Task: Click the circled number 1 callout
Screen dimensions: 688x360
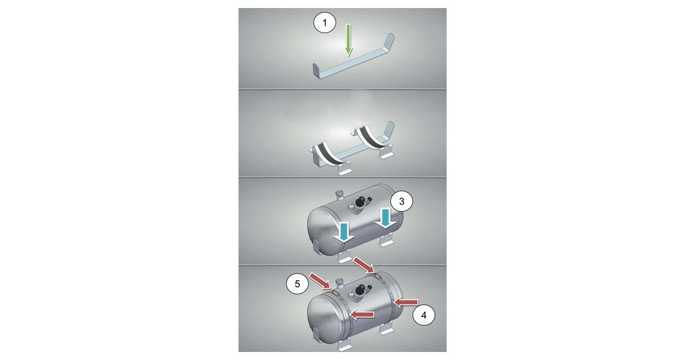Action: click(325, 23)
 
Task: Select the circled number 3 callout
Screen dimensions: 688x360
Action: click(401, 201)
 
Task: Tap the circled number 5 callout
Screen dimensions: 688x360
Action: click(298, 284)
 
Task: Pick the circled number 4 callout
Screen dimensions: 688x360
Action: click(424, 315)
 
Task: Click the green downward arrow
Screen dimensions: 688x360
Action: click(349, 40)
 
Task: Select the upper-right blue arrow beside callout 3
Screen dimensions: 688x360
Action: click(385, 219)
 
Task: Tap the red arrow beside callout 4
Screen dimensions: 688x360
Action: click(405, 303)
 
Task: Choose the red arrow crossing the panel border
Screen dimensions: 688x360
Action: click(364, 265)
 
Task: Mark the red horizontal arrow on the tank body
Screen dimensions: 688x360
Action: click(362, 315)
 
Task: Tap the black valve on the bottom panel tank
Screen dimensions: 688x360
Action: click(359, 291)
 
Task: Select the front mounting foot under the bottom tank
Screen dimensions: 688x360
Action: click(344, 346)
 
